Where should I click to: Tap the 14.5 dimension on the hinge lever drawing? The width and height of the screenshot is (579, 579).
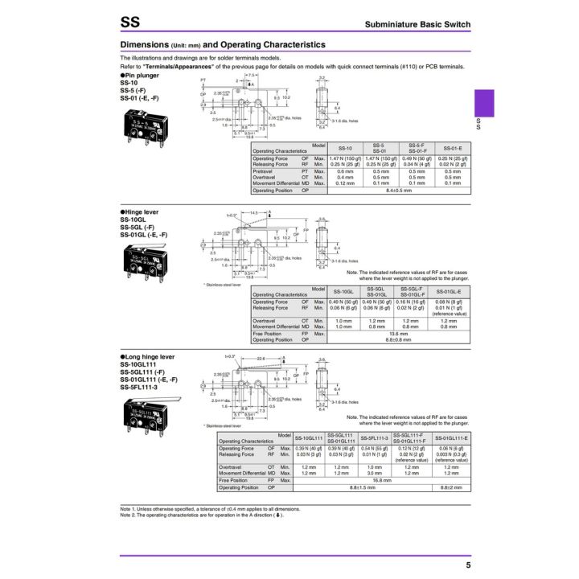coord(254,213)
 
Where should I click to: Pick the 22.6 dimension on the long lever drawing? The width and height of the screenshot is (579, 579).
coord(261,359)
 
